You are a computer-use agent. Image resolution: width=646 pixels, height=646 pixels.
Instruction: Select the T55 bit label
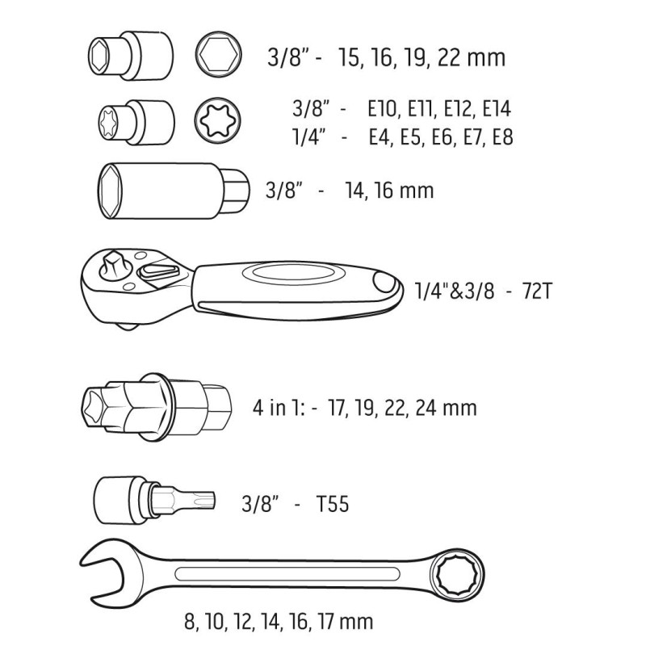[333, 505]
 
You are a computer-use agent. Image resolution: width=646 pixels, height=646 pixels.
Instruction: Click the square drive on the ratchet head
[112, 267]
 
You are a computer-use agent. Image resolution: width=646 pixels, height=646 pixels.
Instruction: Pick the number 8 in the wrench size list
[191, 622]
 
